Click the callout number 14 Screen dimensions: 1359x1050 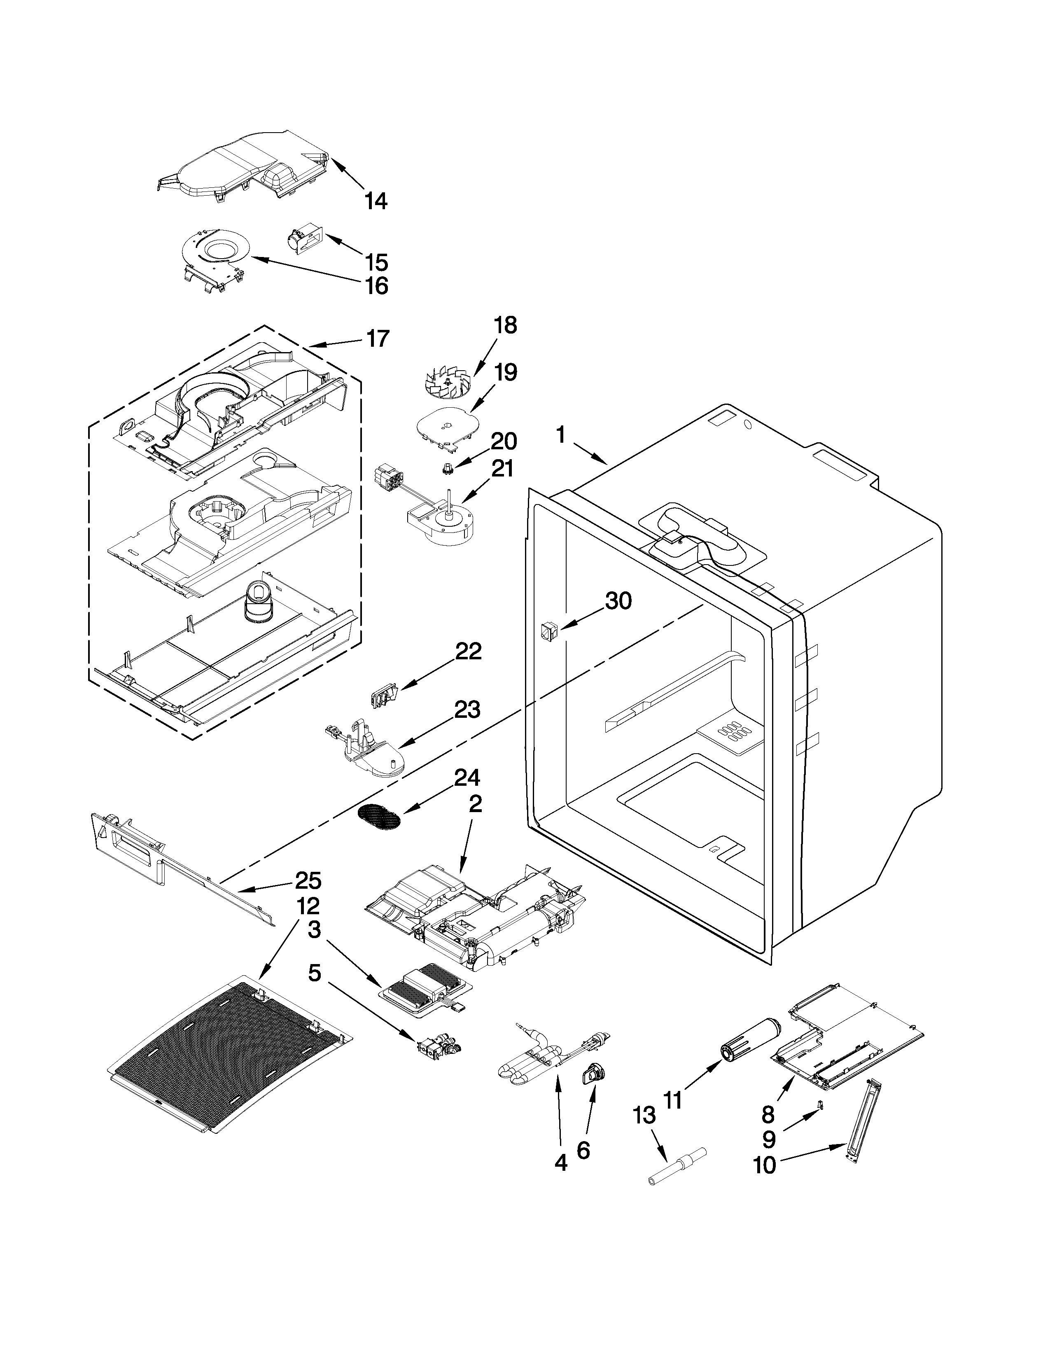pyautogui.click(x=376, y=201)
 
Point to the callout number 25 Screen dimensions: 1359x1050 pyautogui.click(x=308, y=881)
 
